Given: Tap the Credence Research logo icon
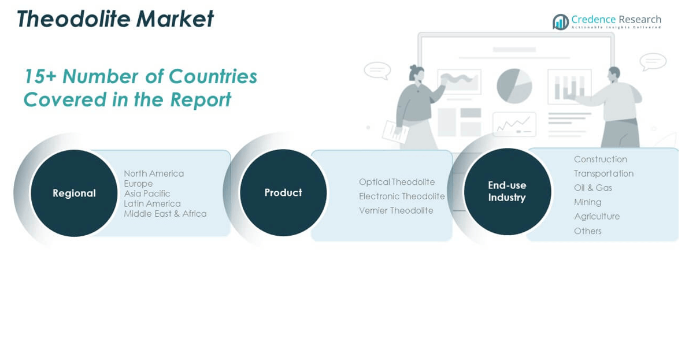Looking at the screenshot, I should point(560,22).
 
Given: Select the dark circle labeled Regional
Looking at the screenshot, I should point(74,193).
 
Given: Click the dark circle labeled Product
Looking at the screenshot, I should point(283,192).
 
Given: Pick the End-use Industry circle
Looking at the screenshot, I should point(507,191).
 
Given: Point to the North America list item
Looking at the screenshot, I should point(154,173).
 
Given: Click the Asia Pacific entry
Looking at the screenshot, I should point(147,194).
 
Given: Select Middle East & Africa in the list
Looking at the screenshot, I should point(165,214).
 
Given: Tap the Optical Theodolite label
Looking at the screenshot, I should point(397,182).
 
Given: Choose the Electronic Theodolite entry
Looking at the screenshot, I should point(402,196).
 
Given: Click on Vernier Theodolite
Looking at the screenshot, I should point(396,210).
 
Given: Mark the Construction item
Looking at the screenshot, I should point(600,159).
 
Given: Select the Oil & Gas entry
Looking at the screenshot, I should point(592,188).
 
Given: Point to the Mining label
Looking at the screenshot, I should point(587,202).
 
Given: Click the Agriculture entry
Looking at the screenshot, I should point(597,216).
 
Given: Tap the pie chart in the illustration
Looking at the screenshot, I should point(514,86).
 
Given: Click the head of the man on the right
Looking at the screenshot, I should point(614,73).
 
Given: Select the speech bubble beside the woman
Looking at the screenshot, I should point(377,70).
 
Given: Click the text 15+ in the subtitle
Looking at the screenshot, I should point(39,76).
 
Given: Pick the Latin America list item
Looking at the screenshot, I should point(152,203).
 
